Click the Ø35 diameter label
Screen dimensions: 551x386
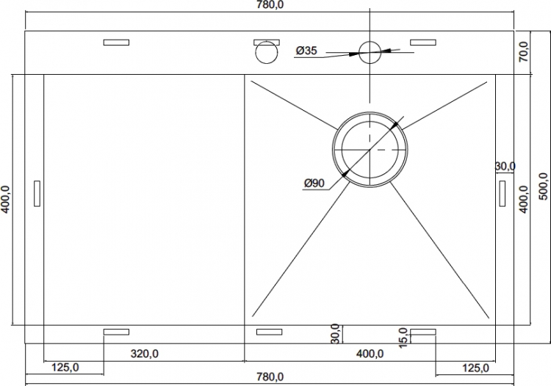(x=306, y=51)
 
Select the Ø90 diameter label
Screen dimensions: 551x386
(x=314, y=183)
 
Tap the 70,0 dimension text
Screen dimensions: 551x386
(x=524, y=51)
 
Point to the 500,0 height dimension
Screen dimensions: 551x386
(x=543, y=186)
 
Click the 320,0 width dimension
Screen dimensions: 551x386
(x=145, y=354)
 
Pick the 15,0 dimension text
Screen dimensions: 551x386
(x=403, y=338)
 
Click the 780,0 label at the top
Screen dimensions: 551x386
(x=270, y=5)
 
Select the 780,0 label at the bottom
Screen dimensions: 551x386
(x=270, y=377)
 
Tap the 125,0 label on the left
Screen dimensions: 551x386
(x=65, y=368)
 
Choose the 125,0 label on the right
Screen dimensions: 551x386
(x=475, y=368)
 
